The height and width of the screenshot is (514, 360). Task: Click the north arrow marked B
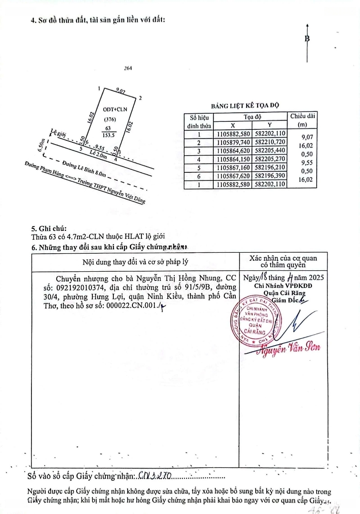tap(307, 38)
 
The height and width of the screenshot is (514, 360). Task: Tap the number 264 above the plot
tap(128, 68)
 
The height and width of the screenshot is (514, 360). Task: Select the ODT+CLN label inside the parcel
tap(111, 109)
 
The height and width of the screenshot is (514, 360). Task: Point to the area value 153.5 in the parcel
tap(110, 135)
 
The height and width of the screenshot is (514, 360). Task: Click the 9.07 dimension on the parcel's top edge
tap(120, 91)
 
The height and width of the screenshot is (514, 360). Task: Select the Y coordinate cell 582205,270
tap(270, 159)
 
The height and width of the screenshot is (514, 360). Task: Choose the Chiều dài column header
tap(302, 120)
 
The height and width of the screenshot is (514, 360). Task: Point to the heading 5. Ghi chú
tap(49, 228)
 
